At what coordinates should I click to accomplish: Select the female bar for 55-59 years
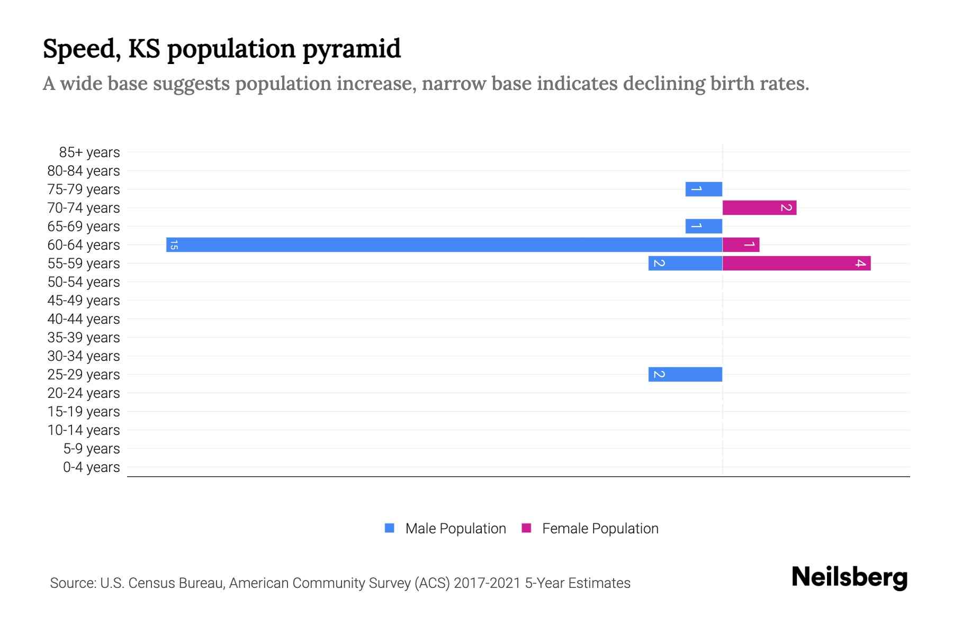796,263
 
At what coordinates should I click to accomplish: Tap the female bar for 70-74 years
759,207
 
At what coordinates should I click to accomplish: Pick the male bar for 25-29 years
685,374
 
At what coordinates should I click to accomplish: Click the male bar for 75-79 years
704,189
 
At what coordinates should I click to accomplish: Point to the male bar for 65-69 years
704,226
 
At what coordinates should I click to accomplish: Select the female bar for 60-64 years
741,244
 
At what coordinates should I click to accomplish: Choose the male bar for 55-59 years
685,263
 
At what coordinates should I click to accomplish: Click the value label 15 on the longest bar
174,245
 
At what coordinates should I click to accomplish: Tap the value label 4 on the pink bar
860,263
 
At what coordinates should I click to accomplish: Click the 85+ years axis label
89,152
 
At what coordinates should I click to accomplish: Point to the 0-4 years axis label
91,467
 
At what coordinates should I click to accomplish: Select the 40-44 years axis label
84,319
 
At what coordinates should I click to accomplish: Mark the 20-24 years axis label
84,393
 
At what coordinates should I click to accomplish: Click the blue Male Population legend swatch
390,528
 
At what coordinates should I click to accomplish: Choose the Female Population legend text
600,529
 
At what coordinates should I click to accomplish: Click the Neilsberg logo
849,577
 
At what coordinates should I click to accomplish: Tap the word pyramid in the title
352,50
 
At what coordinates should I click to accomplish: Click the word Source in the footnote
73,583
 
